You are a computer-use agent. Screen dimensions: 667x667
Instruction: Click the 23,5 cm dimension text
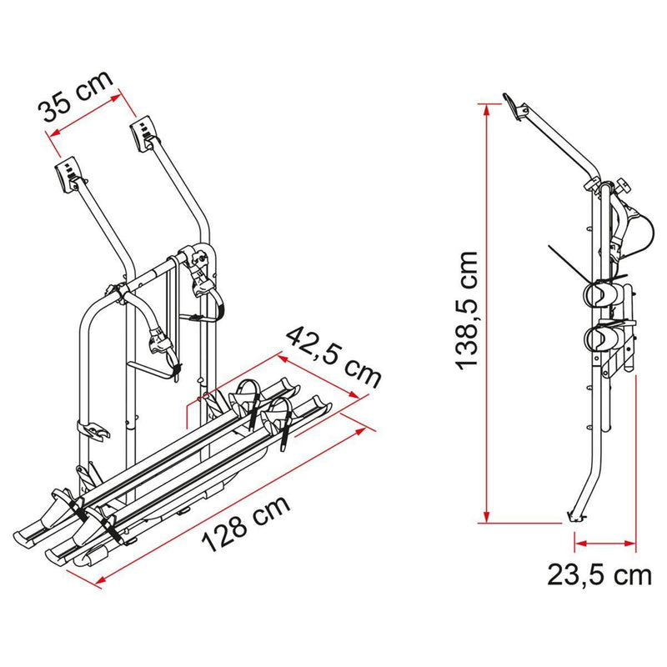pos(599,575)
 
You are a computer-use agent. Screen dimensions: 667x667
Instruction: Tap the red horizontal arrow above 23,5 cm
pos(606,542)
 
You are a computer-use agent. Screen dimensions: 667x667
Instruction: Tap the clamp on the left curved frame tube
pos(94,430)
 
